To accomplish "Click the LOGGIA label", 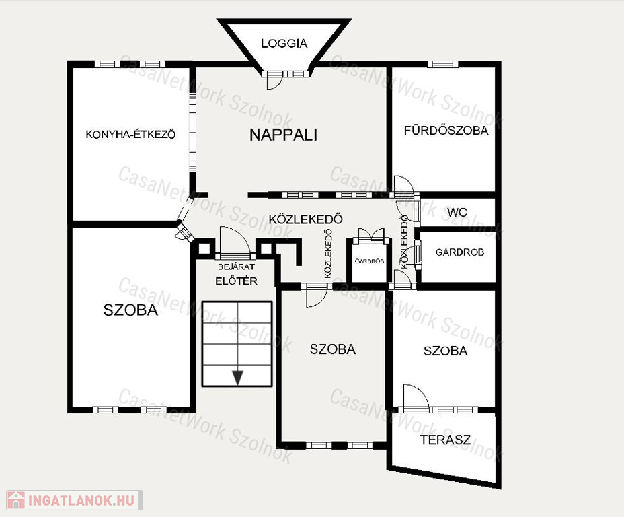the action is click(x=284, y=43).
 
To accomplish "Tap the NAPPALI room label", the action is click(x=283, y=135).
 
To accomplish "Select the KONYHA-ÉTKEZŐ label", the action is click(x=130, y=134).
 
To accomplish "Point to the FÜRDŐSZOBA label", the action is click(x=446, y=130).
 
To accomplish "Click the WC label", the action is click(x=457, y=212).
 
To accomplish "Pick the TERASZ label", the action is click(x=445, y=440).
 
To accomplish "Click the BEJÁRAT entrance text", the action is click(x=237, y=267).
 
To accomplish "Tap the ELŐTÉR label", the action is click(x=237, y=281).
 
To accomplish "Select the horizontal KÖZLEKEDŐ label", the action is click(x=306, y=219).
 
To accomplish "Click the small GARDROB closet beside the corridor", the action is click(x=369, y=261).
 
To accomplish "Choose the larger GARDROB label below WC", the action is click(x=460, y=252).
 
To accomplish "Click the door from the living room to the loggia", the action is click(x=274, y=81).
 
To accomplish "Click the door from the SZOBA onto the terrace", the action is click(x=416, y=397).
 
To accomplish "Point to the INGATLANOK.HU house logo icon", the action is click(x=16, y=500).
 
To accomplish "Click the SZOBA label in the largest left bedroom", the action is click(x=130, y=310).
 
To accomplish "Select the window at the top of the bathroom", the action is click(x=442, y=64).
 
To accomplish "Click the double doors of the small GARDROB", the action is click(x=371, y=236).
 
